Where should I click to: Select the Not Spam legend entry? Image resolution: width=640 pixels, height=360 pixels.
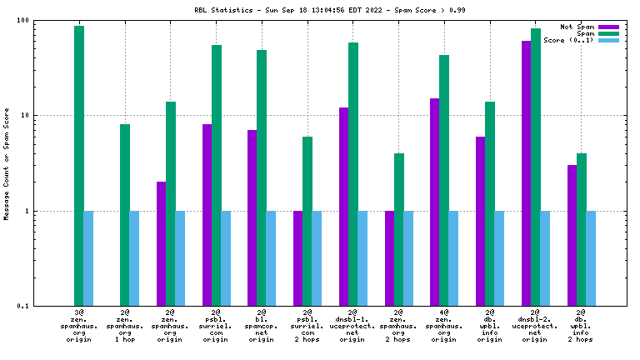(x=574, y=27)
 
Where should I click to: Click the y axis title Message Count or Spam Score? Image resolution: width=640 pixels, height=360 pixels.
(x=7, y=163)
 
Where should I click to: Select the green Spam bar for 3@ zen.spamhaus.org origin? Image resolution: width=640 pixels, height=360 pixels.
(x=79, y=166)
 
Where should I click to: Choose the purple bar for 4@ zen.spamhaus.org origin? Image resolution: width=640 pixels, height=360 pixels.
(x=435, y=202)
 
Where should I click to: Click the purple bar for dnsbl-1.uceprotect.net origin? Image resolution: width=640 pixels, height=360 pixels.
(x=344, y=207)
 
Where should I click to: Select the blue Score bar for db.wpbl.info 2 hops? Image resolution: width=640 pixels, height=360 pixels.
(x=591, y=258)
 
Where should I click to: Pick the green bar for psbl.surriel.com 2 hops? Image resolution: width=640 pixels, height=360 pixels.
(x=307, y=221)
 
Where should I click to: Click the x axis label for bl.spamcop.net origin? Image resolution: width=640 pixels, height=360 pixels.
(x=262, y=326)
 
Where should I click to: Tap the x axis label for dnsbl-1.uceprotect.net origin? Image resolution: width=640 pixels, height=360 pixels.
(x=352, y=326)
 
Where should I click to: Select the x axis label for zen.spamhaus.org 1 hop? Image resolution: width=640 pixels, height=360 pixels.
(x=125, y=326)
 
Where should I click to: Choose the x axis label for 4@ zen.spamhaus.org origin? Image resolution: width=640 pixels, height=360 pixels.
(x=444, y=326)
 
